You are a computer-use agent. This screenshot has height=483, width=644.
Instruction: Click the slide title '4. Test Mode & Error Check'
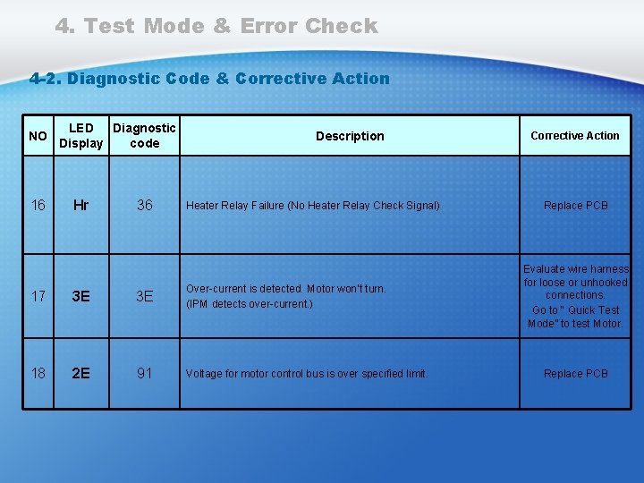point(216,26)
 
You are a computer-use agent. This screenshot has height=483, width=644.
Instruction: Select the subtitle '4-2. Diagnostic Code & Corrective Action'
point(209,78)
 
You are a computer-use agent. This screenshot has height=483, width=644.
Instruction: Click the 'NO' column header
point(38,136)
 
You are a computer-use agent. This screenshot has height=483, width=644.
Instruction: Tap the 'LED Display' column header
point(80,136)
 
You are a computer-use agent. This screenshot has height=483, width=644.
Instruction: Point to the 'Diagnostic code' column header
point(144,136)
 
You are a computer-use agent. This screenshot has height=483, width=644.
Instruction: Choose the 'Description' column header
point(350,136)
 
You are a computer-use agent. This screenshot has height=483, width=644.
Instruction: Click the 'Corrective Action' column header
point(575,136)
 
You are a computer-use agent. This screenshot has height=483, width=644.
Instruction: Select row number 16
point(38,206)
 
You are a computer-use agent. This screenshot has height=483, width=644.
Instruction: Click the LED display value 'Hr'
point(80,206)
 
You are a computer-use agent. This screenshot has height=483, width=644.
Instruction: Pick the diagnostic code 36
point(144,206)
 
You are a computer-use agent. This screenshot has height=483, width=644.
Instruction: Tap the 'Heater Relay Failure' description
point(312,206)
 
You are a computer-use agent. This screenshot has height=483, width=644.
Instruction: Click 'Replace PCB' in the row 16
point(575,206)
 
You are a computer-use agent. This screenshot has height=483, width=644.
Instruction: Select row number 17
point(38,296)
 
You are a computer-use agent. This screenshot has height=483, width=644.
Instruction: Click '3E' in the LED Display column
point(80,296)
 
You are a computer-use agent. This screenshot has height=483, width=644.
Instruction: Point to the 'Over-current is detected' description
point(285,296)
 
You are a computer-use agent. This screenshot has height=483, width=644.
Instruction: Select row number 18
point(38,374)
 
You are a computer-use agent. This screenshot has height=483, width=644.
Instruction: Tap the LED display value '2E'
point(80,374)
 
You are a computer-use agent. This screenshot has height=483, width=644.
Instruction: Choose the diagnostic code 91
point(144,374)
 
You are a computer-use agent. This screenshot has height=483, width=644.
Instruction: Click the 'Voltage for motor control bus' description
point(307,374)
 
